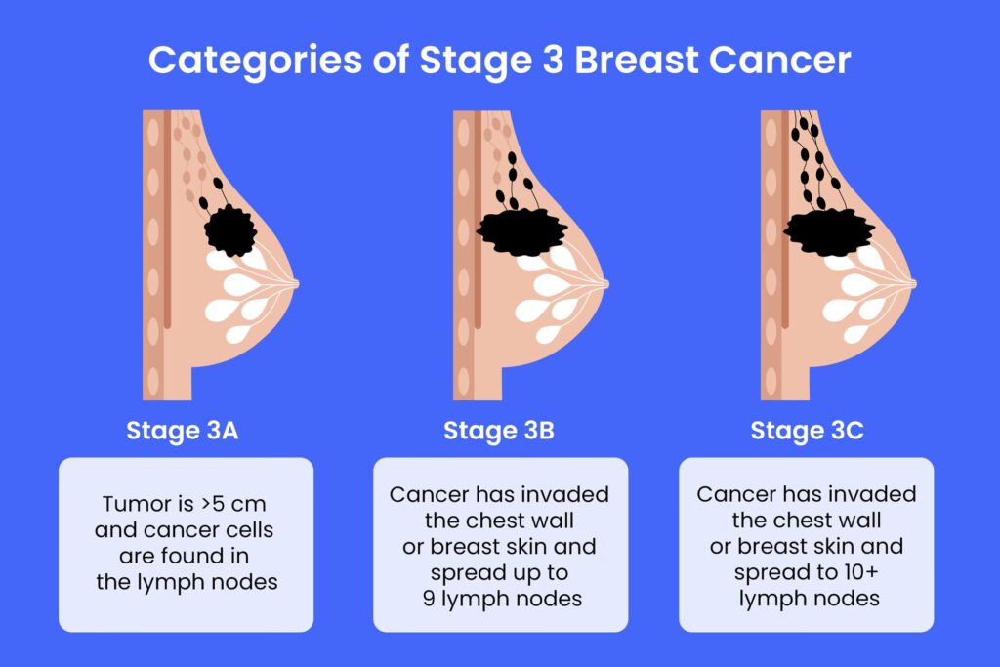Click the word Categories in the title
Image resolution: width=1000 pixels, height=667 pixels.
coord(255,62)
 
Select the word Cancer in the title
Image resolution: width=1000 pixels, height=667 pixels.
coord(779,60)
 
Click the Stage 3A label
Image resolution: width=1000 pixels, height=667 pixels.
coord(183,431)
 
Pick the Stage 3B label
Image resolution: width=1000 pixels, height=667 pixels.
coord(499,431)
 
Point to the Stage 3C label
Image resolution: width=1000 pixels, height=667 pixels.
coord(807,431)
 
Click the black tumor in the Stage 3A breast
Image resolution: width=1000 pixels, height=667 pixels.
coord(230,230)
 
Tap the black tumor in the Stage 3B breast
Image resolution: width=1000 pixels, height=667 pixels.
coord(521,231)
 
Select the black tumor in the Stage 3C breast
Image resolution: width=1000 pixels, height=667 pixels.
coord(829,231)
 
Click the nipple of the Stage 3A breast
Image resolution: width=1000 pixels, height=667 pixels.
coord(295,283)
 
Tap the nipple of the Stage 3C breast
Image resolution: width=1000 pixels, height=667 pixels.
coord(912,283)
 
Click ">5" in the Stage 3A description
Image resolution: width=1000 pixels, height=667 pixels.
coord(212,504)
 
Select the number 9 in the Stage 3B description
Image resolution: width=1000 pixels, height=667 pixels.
coord(429,598)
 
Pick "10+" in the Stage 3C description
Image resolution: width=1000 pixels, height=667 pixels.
coord(861,572)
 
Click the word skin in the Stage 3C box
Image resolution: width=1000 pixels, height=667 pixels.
coord(828,546)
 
